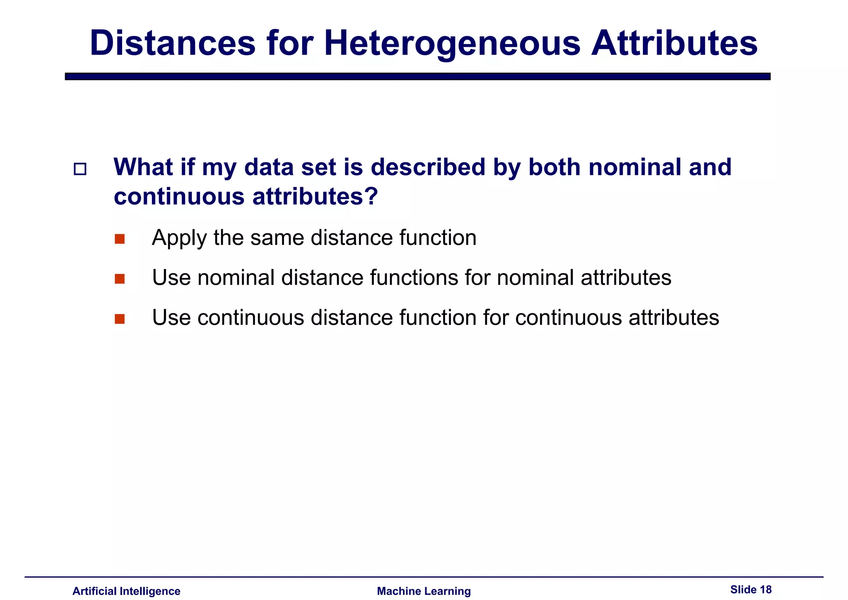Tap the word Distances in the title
pyautogui.click(x=173, y=43)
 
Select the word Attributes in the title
pyautogui.click(x=674, y=43)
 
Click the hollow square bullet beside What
pyautogui.click(x=80, y=169)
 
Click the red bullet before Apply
pyautogui.click(x=120, y=239)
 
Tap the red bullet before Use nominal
pyautogui.click(x=120, y=279)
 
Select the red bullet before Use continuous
pyautogui.click(x=120, y=319)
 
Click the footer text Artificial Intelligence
pyautogui.click(x=126, y=591)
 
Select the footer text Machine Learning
pyautogui.click(x=424, y=591)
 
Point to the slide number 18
pyautogui.click(x=766, y=589)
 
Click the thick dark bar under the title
pyautogui.click(x=417, y=76)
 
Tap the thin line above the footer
pyautogui.click(x=424, y=576)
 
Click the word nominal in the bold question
pyautogui.click(x=635, y=167)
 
